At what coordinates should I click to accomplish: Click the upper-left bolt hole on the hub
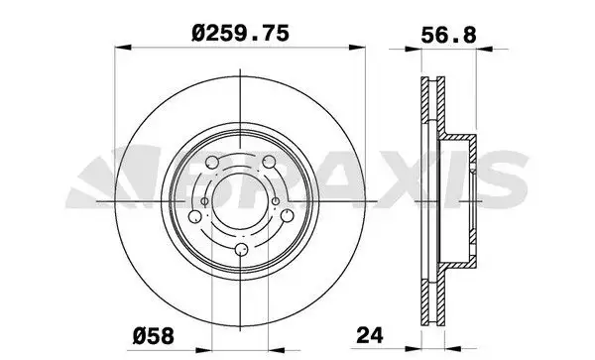point(212,163)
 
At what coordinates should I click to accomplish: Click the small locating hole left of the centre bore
point(205,202)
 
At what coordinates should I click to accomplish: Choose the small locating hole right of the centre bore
point(275,201)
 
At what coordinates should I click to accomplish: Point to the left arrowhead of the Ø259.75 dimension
point(117,47)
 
